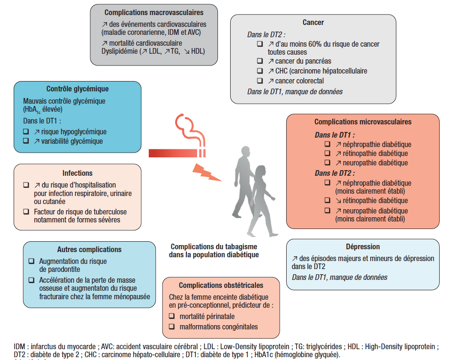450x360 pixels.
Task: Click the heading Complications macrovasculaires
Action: click(154, 13)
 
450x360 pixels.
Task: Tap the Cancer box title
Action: click(313, 23)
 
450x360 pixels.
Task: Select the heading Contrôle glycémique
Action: click(78, 89)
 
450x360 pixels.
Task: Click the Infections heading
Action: click(78, 173)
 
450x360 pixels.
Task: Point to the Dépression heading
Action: click(363, 247)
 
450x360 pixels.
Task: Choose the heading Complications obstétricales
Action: click(221, 285)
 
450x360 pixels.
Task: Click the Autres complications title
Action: click(89, 249)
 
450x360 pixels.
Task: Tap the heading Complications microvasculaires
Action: click(363, 122)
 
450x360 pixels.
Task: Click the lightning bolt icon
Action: click(206, 172)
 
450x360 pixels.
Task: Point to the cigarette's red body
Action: click(173, 153)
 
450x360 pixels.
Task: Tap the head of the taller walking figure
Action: click(245, 151)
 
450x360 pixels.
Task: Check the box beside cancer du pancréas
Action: click(260, 61)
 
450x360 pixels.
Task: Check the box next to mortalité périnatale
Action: click(172, 316)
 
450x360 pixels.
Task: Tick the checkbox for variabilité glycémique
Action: click(26, 141)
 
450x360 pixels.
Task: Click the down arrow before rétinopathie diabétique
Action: click(338, 201)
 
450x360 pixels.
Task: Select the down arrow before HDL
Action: click(187, 52)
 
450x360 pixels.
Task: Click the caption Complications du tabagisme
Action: click(214, 247)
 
